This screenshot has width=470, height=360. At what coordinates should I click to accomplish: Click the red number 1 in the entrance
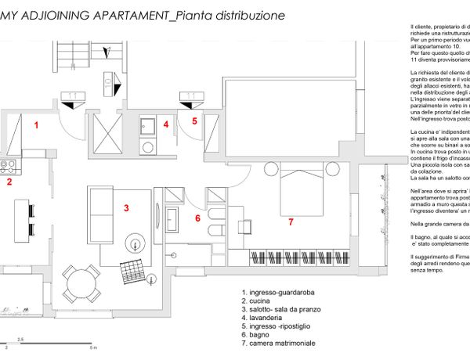click(36, 124)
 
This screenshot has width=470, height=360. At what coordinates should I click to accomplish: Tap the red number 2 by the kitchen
click(9, 183)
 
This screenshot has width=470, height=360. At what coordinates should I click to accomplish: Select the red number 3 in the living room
click(126, 207)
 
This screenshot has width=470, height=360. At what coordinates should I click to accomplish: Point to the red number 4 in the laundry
click(166, 124)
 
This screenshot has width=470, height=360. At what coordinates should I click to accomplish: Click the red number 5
click(195, 121)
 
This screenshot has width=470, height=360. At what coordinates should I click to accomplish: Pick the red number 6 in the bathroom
click(197, 218)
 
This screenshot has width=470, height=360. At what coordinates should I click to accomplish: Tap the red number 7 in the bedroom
click(291, 222)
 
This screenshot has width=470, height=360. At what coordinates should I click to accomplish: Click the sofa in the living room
click(101, 207)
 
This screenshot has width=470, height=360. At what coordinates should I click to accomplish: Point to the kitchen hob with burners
click(7, 166)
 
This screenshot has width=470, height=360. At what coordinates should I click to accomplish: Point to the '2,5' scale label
click(21, 338)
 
